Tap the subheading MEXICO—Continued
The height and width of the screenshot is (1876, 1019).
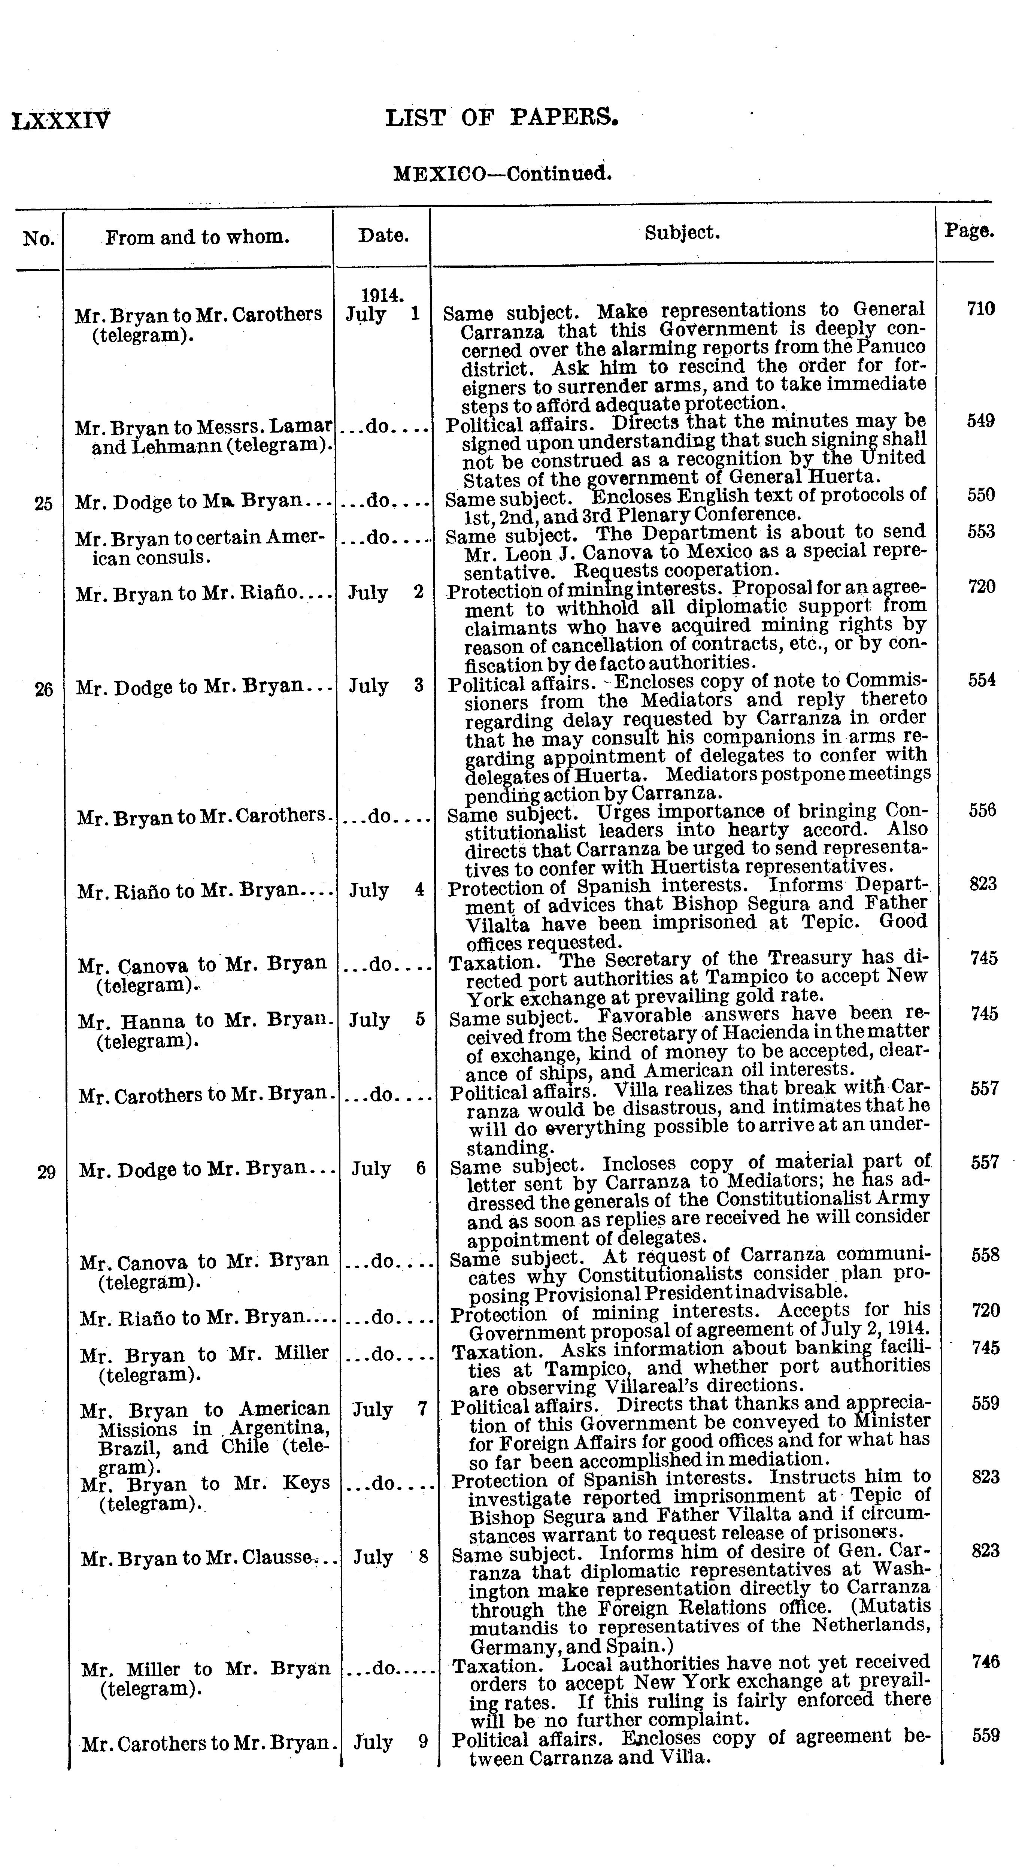tap(502, 174)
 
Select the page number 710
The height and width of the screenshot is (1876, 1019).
tap(980, 309)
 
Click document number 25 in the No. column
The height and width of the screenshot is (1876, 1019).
tap(44, 503)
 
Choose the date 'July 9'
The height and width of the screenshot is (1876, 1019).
tap(390, 1743)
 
